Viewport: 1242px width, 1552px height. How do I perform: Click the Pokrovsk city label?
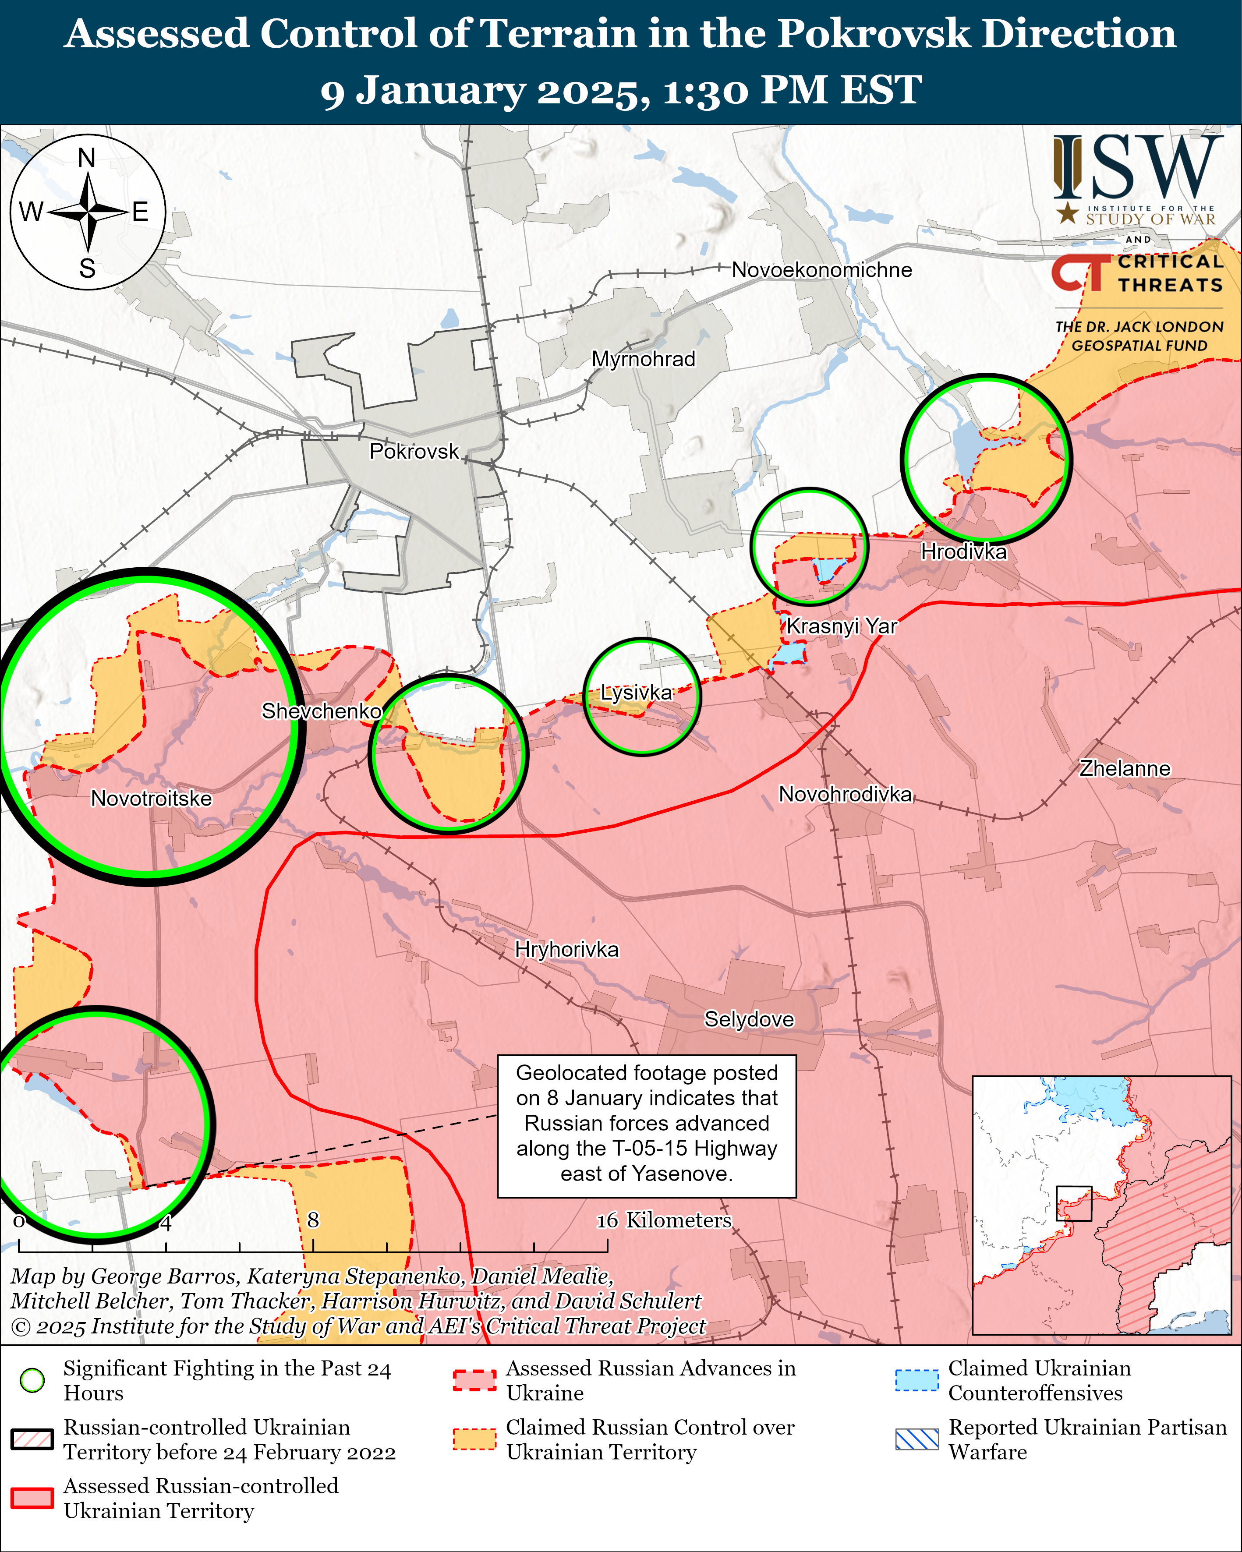click(414, 451)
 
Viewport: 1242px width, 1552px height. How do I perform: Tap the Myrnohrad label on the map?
click(643, 359)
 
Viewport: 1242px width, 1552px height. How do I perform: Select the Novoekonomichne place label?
click(821, 270)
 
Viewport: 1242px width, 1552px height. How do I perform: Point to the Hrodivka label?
click(963, 552)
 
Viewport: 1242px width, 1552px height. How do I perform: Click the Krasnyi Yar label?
click(841, 626)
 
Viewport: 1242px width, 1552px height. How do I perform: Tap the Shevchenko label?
click(321, 711)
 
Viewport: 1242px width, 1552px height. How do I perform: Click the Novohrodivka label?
click(845, 794)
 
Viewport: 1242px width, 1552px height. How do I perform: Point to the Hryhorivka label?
click(566, 950)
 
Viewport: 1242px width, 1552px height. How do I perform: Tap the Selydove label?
click(749, 1019)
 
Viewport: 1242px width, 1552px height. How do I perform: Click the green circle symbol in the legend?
click(32, 1381)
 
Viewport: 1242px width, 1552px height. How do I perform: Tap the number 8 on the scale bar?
click(312, 1220)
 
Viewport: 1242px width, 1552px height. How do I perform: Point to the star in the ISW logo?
click(1067, 212)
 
